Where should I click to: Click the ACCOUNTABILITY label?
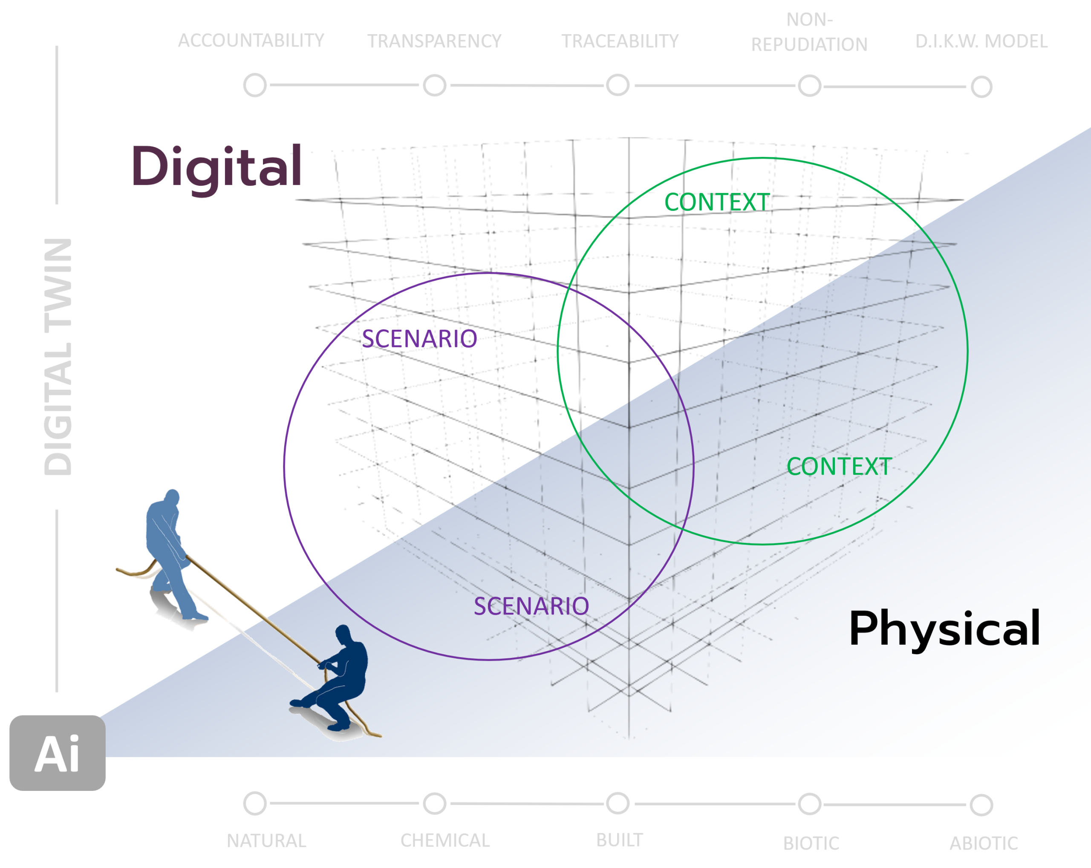(x=251, y=40)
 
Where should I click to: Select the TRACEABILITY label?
(x=620, y=41)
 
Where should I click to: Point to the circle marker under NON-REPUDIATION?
(x=810, y=86)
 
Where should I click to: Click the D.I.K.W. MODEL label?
(x=981, y=41)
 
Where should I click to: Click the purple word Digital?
(x=216, y=167)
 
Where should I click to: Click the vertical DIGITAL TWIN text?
(x=58, y=357)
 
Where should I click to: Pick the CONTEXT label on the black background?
(x=717, y=202)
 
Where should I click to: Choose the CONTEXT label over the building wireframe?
(x=838, y=466)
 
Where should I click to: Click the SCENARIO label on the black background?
(x=419, y=339)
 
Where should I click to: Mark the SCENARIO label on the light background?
(x=531, y=606)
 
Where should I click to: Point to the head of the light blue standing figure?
(x=173, y=496)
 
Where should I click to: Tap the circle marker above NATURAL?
(x=255, y=803)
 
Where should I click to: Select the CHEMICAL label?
(x=445, y=841)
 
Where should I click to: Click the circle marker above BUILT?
(x=618, y=803)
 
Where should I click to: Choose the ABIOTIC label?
(x=983, y=843)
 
